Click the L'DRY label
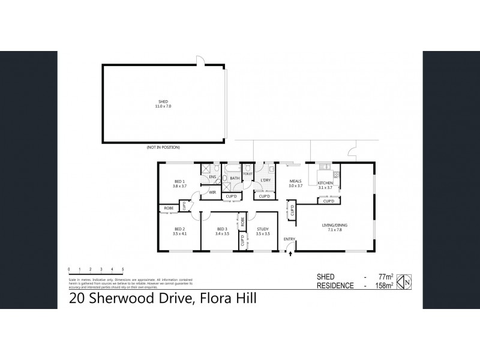[266, 180]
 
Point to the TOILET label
[247, 173]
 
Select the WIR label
[212, 193]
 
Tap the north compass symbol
[406, 280]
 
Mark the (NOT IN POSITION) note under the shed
[163, 147]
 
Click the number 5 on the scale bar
[123, 269]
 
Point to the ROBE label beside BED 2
[168, 208]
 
